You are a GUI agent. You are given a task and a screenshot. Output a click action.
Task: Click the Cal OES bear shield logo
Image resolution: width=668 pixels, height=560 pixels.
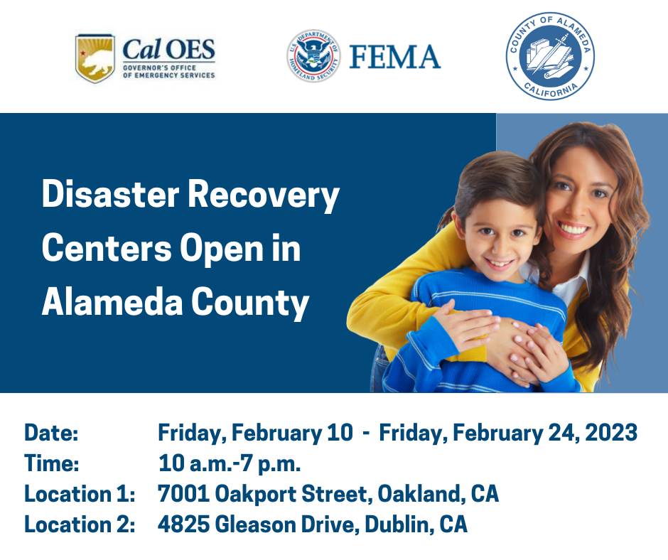(x=95, y=58)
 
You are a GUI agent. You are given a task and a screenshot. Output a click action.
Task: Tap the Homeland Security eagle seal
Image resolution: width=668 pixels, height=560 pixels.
(x=313, y=56)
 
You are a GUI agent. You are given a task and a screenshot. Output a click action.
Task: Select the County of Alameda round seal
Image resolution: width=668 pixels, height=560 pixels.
(x=550, y=56)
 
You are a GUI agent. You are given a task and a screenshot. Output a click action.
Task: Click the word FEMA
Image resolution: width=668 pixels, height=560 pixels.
(x=395, y=57)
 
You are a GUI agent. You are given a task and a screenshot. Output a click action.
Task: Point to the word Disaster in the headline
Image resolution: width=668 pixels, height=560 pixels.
(x=111, y=194)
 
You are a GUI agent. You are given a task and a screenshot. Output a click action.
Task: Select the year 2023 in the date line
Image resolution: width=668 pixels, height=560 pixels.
(x=611, y=433)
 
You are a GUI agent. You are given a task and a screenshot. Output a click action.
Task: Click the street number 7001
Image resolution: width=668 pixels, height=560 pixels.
(x=183, y=493)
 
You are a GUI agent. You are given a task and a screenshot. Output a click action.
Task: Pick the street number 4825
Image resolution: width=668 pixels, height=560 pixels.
(x=183, y=524)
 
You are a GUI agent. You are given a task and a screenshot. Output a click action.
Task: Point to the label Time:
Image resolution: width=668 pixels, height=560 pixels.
(x=52, y=463)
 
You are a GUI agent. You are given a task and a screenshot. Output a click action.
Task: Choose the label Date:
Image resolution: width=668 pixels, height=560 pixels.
(x=51, y=433)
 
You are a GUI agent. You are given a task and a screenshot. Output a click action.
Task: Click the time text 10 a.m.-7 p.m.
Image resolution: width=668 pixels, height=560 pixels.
(x=230, y=463)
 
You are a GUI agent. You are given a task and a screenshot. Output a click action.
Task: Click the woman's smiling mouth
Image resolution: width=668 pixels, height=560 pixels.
(x=573, y=230)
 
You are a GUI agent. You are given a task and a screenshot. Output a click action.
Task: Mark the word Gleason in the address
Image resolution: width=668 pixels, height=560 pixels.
(x=256, y=524)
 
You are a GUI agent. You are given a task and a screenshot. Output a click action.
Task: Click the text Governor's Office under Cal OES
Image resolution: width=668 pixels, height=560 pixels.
(x=159, y=68)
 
